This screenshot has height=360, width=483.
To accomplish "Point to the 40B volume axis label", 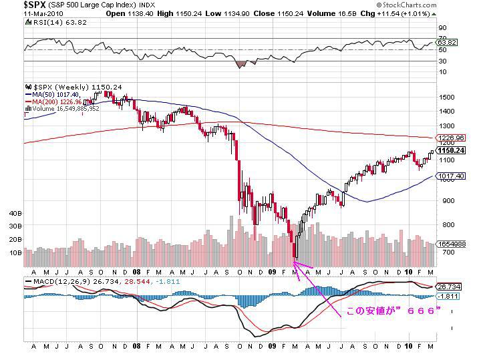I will (x=15, y=214).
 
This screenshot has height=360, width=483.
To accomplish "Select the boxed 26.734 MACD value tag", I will (x=447, y=285).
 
